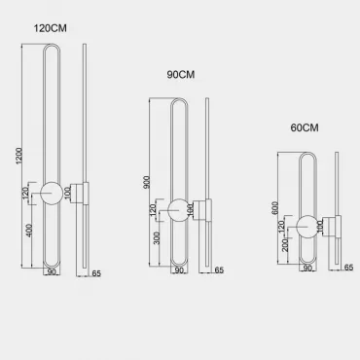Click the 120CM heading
(51, 28)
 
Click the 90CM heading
(181, 75)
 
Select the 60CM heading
(305, 127)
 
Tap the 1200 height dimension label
(19, 156)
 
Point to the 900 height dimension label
(147, 183)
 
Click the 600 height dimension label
(275, 208)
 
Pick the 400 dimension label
(29, 231)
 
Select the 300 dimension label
(157, 238)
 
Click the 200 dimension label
(285, 245)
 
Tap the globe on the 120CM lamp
(52, 194)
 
